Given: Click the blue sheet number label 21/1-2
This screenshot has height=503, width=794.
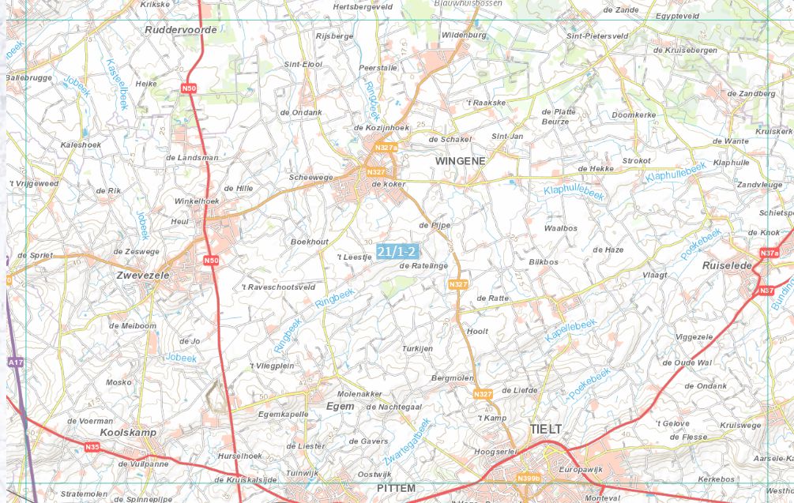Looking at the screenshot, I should (x=397, y=251).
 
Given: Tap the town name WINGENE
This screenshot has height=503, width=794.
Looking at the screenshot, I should (x=460, y=160).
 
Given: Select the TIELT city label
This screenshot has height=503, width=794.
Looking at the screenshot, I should (x=545, y=429).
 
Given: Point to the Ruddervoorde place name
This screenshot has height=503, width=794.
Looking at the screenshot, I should (x=180, y=30).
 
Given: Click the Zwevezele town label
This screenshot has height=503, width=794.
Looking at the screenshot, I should (x=143, y=275).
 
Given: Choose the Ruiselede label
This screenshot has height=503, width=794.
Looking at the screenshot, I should (x=727, y=266).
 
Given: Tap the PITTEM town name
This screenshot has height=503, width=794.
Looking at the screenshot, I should (x=396, y=488).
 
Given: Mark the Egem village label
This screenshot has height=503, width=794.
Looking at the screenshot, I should (x=340, y=406).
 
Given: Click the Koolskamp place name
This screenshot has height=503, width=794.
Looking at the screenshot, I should (x=128, y=433).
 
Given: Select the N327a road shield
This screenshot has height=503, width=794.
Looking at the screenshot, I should (x=386, y=148).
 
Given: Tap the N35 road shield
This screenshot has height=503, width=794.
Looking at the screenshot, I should (x=92, y=447).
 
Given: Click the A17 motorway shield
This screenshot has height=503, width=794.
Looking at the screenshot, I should (x=15, y=362).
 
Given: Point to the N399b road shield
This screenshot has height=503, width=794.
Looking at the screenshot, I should (x=528, y=478).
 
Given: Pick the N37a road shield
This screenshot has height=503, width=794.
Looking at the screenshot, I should (x=769, y=253).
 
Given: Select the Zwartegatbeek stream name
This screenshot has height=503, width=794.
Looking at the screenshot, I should (x=408, y=440).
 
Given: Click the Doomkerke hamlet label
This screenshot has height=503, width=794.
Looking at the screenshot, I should (x=633, y=114).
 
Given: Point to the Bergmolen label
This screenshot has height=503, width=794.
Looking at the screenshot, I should (x=452, y=378).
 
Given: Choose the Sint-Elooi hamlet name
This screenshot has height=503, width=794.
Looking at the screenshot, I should (x=303, y=64).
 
